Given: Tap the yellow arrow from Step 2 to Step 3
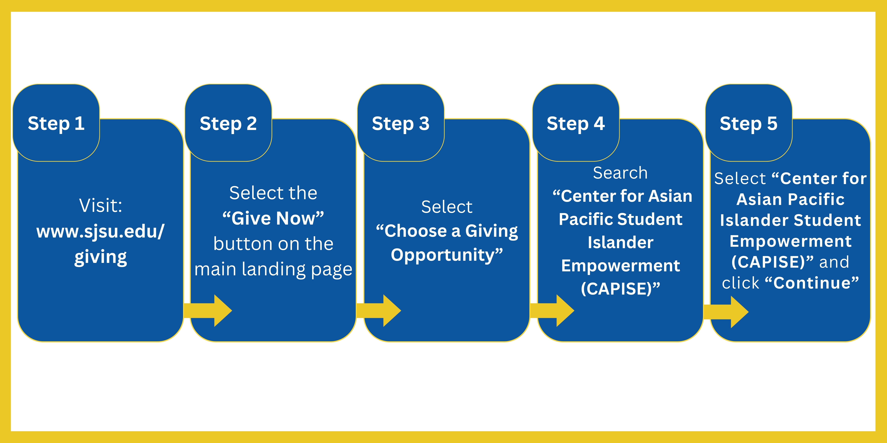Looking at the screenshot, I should tap(379, 311).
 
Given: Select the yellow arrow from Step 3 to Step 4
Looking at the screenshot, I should tap(552, 311).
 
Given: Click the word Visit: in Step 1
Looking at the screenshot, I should tap(101, 206).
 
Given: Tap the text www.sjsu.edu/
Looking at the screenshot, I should tap(101, 231).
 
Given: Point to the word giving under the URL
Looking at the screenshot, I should tap(101, 257).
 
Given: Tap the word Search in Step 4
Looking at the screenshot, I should tap(620, 173).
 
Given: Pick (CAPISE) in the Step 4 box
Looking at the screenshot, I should tap(620, 289).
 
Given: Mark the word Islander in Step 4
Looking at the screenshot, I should tap(620, 243).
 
